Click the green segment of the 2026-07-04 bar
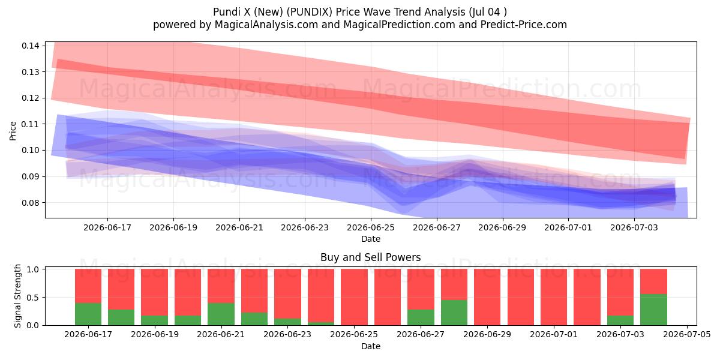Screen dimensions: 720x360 pyautogui.click(x=653, y=310)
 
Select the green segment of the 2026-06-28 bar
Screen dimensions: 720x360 pyautogui.click(x=454, y=313)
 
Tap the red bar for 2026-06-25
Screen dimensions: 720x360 pyautogui.click(x=354, y=297)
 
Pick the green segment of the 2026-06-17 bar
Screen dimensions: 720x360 pyautogui.click(x=88, y=314)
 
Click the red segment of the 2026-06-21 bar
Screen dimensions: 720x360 pyautogui.click(x=221, y=286)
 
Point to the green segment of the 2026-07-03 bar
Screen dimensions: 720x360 pyautogui.click(x=620, y=320)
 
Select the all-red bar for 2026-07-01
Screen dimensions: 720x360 pyautogui.click(x=554, y=297)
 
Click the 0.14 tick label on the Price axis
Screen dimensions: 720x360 pyautogui.click(x=31, y=46)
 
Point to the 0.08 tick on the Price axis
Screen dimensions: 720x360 pyautogui.click(x=31, y=203)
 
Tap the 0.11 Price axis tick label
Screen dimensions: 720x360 pyautogui.click(x=31, y=124)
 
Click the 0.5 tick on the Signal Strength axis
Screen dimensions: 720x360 pyautogui.click(x=33, y=298)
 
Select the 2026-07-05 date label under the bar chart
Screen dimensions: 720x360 pyautogui.click(x=687, y=335)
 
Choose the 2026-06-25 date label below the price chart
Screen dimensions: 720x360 pyautogui.click(x=371, y=227)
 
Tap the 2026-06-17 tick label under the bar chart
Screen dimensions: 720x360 pyautogui.click(x=88, y=335)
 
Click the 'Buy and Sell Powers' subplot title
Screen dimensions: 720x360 pyautogui.click(x=371, y=257)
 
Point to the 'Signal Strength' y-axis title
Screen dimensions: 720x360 pyautogui.click(x=17, y=296)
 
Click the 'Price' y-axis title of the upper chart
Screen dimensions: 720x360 pyautogui.click(x=13, y=131)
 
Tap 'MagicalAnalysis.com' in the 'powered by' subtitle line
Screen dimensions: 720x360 pyautogui.click(x=266, y=25)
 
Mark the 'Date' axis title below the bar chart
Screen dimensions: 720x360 pyautogui.click(x=371, y=346)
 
